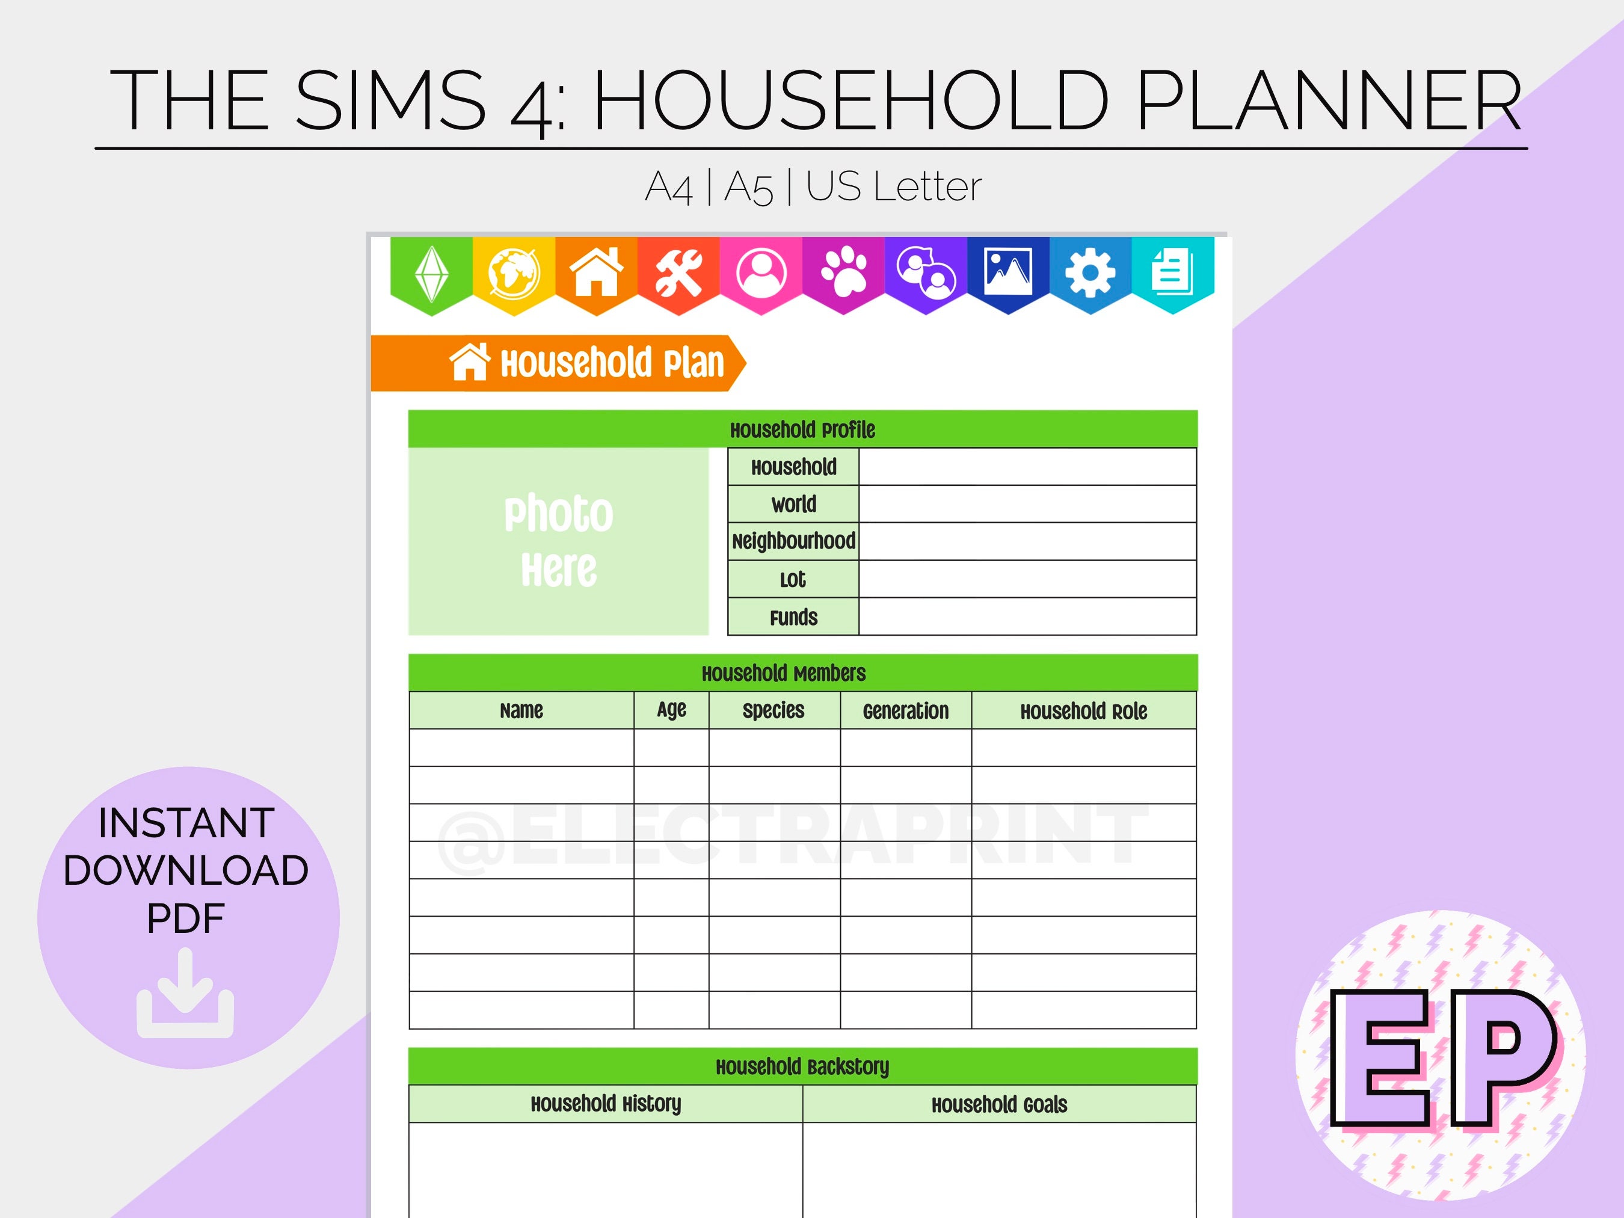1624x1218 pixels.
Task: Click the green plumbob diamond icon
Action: click(x=432, y=274)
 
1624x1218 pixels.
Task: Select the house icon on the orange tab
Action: click(x=596, y=272)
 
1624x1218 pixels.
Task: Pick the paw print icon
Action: click(x=843, y=272)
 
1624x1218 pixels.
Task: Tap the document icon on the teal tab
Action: click(x=1172, y=272)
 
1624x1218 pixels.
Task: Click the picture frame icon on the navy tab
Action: click(x=1008, y=272)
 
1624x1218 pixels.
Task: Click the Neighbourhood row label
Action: click(x=793, y=541)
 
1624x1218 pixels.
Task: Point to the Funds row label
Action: click(x=793, y=618)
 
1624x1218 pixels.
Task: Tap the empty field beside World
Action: click(x=1027, y=505)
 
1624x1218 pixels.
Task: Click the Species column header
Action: click(x=774, y=711)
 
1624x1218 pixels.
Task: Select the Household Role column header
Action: click(x=1084, y=711)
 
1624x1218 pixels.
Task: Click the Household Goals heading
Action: click(x=999, y=1104)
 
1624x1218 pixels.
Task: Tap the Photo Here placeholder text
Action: click(x=559, y=542)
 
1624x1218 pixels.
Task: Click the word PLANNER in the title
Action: click(x=1328, y=100)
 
